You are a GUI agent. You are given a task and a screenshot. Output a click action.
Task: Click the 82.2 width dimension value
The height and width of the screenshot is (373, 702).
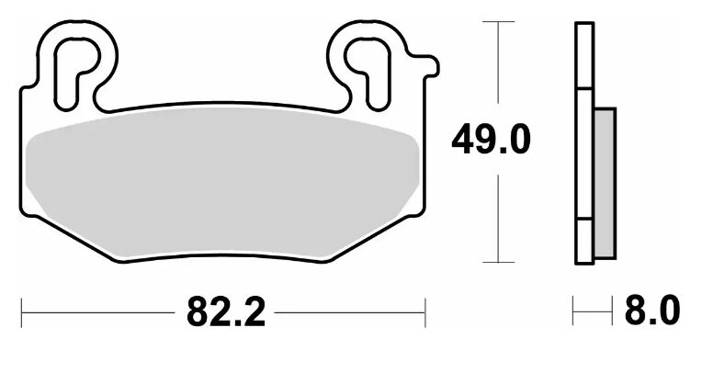pos(226,312)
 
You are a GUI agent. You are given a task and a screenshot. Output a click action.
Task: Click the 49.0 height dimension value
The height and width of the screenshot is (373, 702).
pos(491,140)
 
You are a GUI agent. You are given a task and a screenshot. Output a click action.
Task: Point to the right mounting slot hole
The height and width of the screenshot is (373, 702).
pos(368,73)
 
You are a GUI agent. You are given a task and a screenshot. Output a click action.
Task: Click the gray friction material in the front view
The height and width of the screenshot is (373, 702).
pos(222,184)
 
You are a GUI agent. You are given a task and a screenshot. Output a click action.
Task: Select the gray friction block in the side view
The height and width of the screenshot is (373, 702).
pos(605,183)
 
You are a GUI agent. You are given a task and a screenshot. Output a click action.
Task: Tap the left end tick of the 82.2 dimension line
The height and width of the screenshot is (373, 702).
pos(21,312)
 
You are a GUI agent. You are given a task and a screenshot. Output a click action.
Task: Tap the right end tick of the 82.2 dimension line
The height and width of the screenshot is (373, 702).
pos(425,312)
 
